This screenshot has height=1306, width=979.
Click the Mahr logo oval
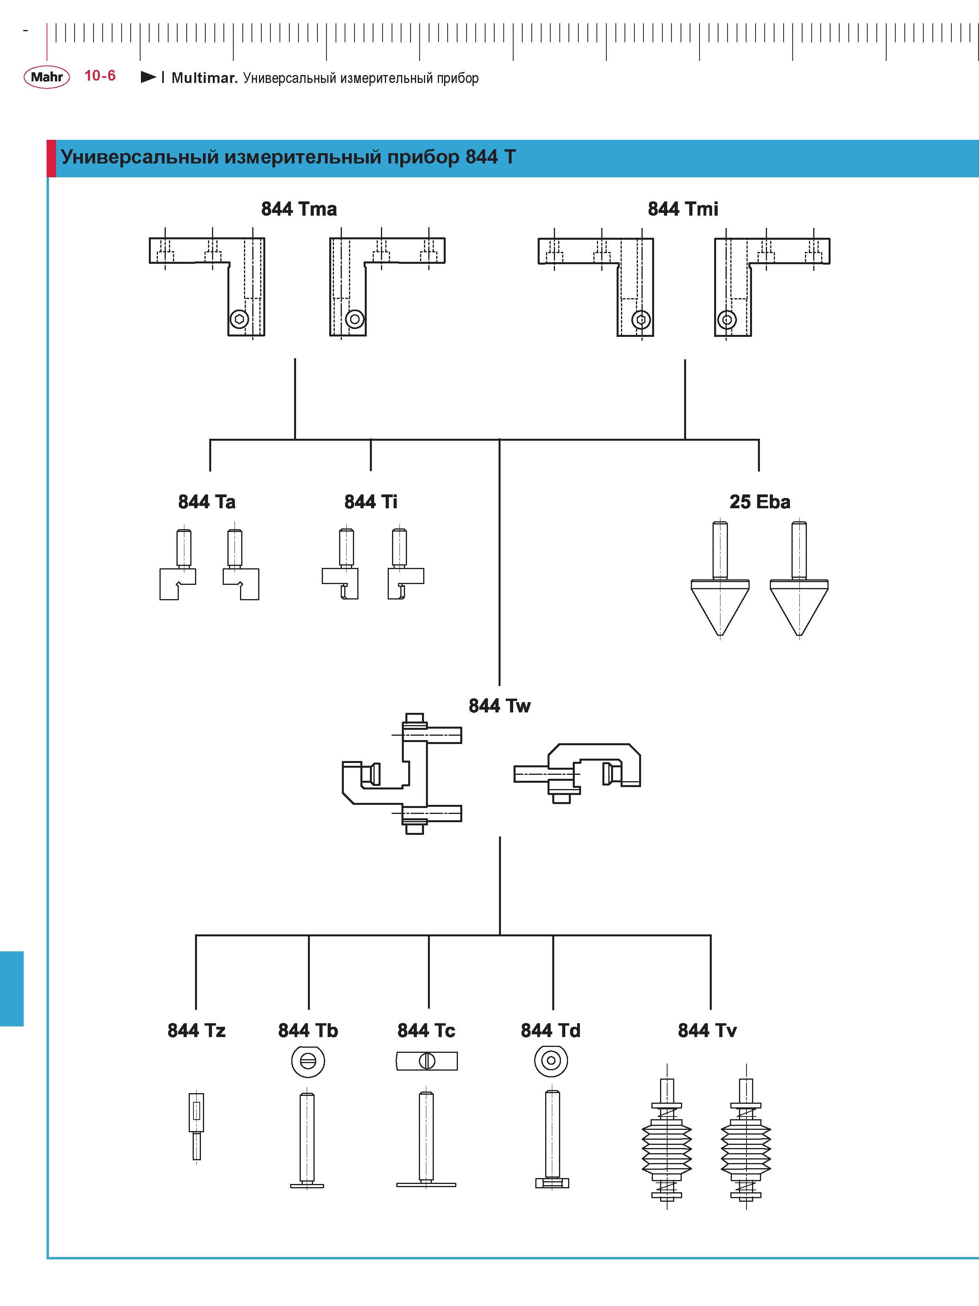(47, 77)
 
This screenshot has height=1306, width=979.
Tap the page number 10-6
(100, 75)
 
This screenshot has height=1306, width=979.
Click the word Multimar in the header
(204, 78)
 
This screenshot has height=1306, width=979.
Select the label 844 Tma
(299, 209)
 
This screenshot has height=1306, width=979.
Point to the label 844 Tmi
(683, 209)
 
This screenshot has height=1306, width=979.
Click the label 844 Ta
(206, 502)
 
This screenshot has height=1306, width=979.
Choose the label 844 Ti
(371, 502)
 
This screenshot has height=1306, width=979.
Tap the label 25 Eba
(760, 502)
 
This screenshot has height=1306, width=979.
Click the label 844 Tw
(499, 706)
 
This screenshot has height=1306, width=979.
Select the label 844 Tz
(197, 1030)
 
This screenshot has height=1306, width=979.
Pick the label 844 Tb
(308, 1030)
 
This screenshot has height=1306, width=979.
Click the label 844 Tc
(426, 1030)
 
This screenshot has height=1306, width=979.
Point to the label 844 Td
(551, 1030)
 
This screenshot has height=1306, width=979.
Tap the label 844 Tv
(707, 1030)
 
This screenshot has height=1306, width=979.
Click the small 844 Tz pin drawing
(197, 1127)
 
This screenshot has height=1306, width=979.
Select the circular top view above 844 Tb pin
(308, 1061)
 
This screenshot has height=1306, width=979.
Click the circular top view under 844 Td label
(551, 1061)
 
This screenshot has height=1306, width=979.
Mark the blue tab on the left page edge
(12, 988)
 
